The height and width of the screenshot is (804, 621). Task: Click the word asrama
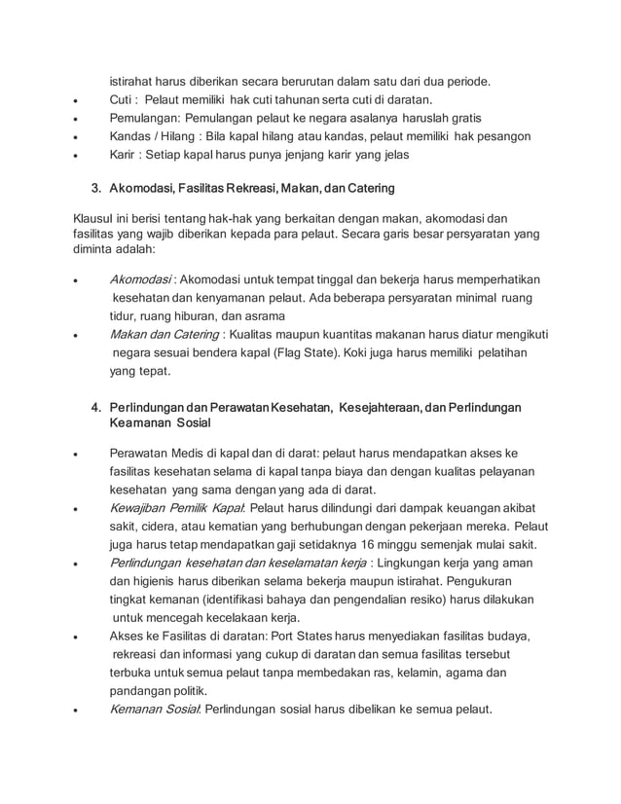(x=264, y=315)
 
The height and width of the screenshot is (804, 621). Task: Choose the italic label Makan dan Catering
(x=162, y=334)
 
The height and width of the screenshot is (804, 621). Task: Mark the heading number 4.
(x=95, y=406)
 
